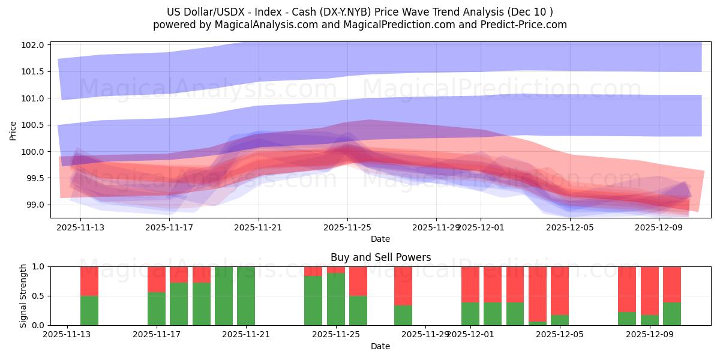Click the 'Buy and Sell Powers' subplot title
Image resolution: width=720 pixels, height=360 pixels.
pos(380,257)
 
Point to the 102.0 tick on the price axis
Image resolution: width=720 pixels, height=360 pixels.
pos(35,45)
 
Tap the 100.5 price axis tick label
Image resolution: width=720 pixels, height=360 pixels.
pos(35,125)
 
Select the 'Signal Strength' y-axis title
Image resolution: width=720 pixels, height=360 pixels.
pos(23,296)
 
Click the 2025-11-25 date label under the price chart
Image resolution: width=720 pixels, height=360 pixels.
pos(347,227)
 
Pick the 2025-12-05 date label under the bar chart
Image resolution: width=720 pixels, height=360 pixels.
pos(560,335)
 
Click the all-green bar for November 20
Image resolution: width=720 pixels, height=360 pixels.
pos(224,296)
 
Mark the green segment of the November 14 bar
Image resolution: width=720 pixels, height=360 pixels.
pos(89,310)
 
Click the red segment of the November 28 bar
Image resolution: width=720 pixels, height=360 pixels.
pos(403,286)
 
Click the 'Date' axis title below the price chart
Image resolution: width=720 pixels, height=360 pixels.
pos(380,239)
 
